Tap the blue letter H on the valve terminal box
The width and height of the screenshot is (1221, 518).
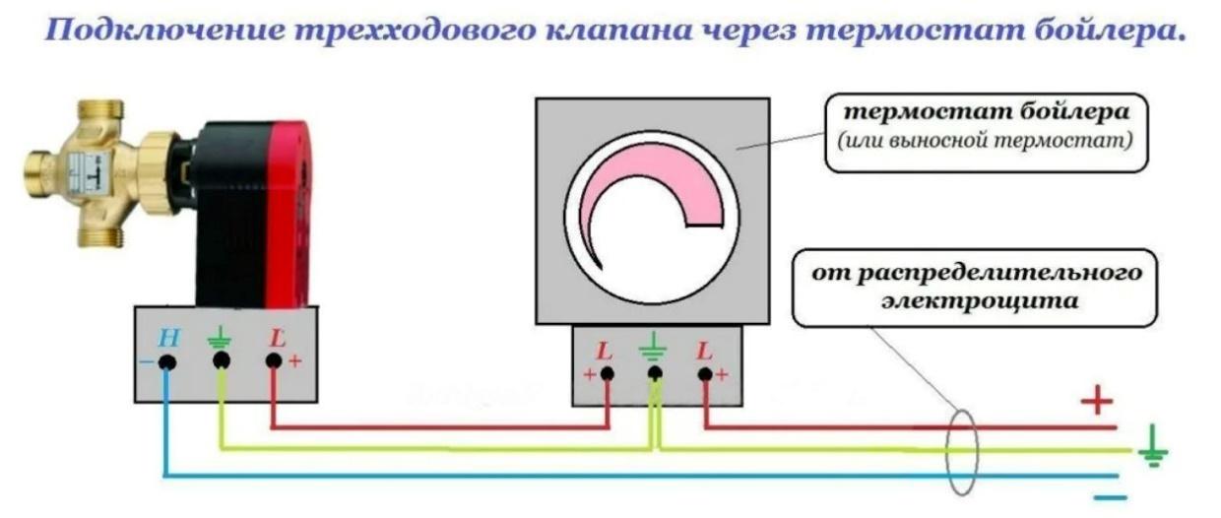click(x=168, y=339)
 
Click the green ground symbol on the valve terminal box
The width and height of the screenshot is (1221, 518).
click(x=218, y=340)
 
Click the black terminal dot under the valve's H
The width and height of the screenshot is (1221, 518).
click(x=167, y=362)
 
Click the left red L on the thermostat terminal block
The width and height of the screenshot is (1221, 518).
click(x=605, y=350)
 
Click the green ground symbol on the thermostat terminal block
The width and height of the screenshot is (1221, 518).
click(x=653, y=348)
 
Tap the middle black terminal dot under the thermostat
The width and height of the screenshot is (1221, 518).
click(x=654, y=373)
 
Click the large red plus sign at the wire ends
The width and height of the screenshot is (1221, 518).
click(x=1096, y=400)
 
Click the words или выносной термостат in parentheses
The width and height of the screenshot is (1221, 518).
click(x=986, y=142)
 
